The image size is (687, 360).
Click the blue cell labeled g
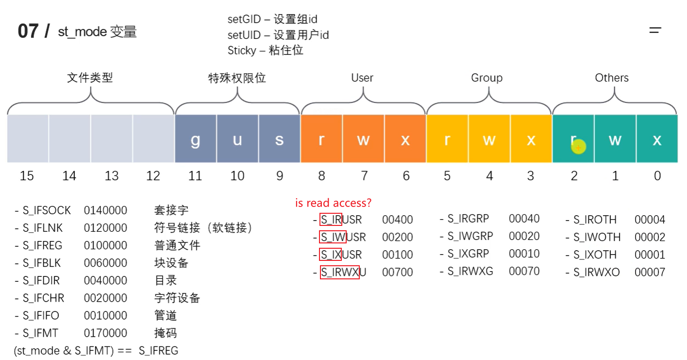[x=195, y=139]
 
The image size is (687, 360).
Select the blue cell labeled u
[x=237, y=139]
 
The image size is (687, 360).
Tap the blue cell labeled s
[x=279, y=139]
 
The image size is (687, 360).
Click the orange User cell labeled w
[x=363, y=139]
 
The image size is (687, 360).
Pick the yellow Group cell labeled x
[x=531, y=139]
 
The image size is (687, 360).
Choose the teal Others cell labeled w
[x=615, y=139]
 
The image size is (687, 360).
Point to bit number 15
[x=27, y=176]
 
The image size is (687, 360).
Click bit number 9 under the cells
[x=279, y=176]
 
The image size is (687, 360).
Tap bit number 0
[x=657, y=176]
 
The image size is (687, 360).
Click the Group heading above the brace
[x=486, y=78]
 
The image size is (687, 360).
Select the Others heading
[x=612, y=78]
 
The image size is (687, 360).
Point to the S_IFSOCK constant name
[x=47, y=210]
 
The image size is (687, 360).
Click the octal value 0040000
[x=105, y=280]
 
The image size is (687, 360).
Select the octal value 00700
[x=397, y=273]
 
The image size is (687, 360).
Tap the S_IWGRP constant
[x=469, y=236]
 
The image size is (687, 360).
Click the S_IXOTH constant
[x=595, y=255]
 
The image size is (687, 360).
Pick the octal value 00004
[x=650, y=220]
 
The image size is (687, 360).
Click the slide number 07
[x=28, y=32]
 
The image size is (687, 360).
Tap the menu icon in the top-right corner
[x=655, y=30]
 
